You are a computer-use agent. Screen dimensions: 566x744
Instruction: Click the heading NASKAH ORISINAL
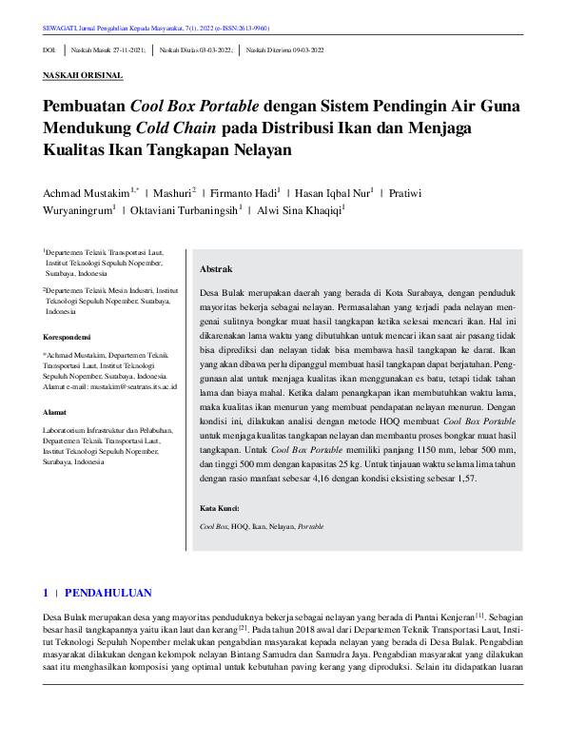coord(83,75)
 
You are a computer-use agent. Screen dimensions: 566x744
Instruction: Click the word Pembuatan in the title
coord(85,108)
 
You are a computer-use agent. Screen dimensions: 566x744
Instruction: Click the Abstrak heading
coord(216,269)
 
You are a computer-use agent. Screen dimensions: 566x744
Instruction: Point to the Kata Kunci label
coord(220,508)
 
